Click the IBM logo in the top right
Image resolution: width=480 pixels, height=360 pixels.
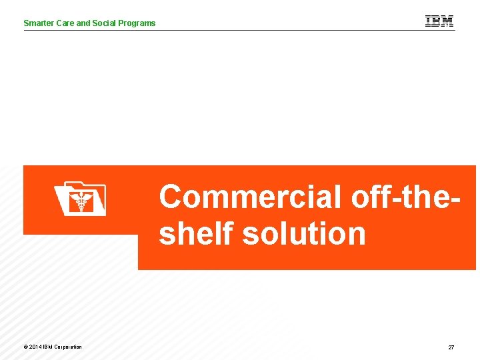[x=439, y=21]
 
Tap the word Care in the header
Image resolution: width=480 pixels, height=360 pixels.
[x=65, y=23]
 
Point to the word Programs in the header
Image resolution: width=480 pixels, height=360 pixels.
[x=137, y=23]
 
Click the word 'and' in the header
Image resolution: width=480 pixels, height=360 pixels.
[x=83, y=23]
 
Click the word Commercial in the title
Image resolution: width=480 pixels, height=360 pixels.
[x=250, y=197]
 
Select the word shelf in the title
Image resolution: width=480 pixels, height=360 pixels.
[x=197, y=234]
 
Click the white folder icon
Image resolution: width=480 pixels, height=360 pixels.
[x=79, y=199]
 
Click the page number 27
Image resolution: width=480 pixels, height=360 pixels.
[x=451, y=347]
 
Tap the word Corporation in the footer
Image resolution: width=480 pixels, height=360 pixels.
[x=68, y=347]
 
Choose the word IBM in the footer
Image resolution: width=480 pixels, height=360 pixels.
[x=48, y=347]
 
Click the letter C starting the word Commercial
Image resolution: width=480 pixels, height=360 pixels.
[x=172, y=197]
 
